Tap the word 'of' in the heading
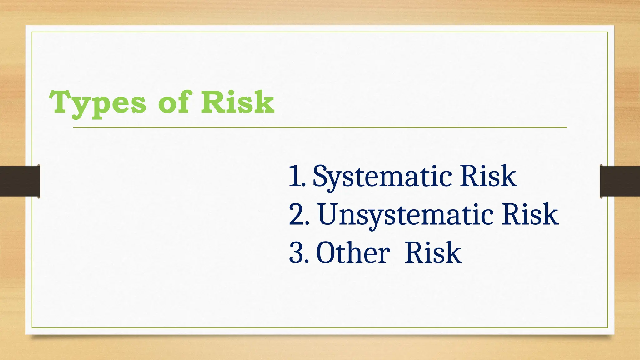pyautogui.click(x=173, y=102)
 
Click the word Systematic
pyautogui.click(x=382, y=177)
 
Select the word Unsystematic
pyautogui.click(x=406, y=215)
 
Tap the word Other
pyautogui.click(x=353, y=253)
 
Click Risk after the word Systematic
pyautogui.click(x=488, y=177)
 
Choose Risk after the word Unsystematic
pyautogui.click(x=530, y=215)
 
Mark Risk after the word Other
pyautogui.click(x=433, y=253)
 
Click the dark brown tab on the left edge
pyautogui.click(x=20, y=181)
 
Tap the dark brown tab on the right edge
pyautogui.click(x=620, y=181)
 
